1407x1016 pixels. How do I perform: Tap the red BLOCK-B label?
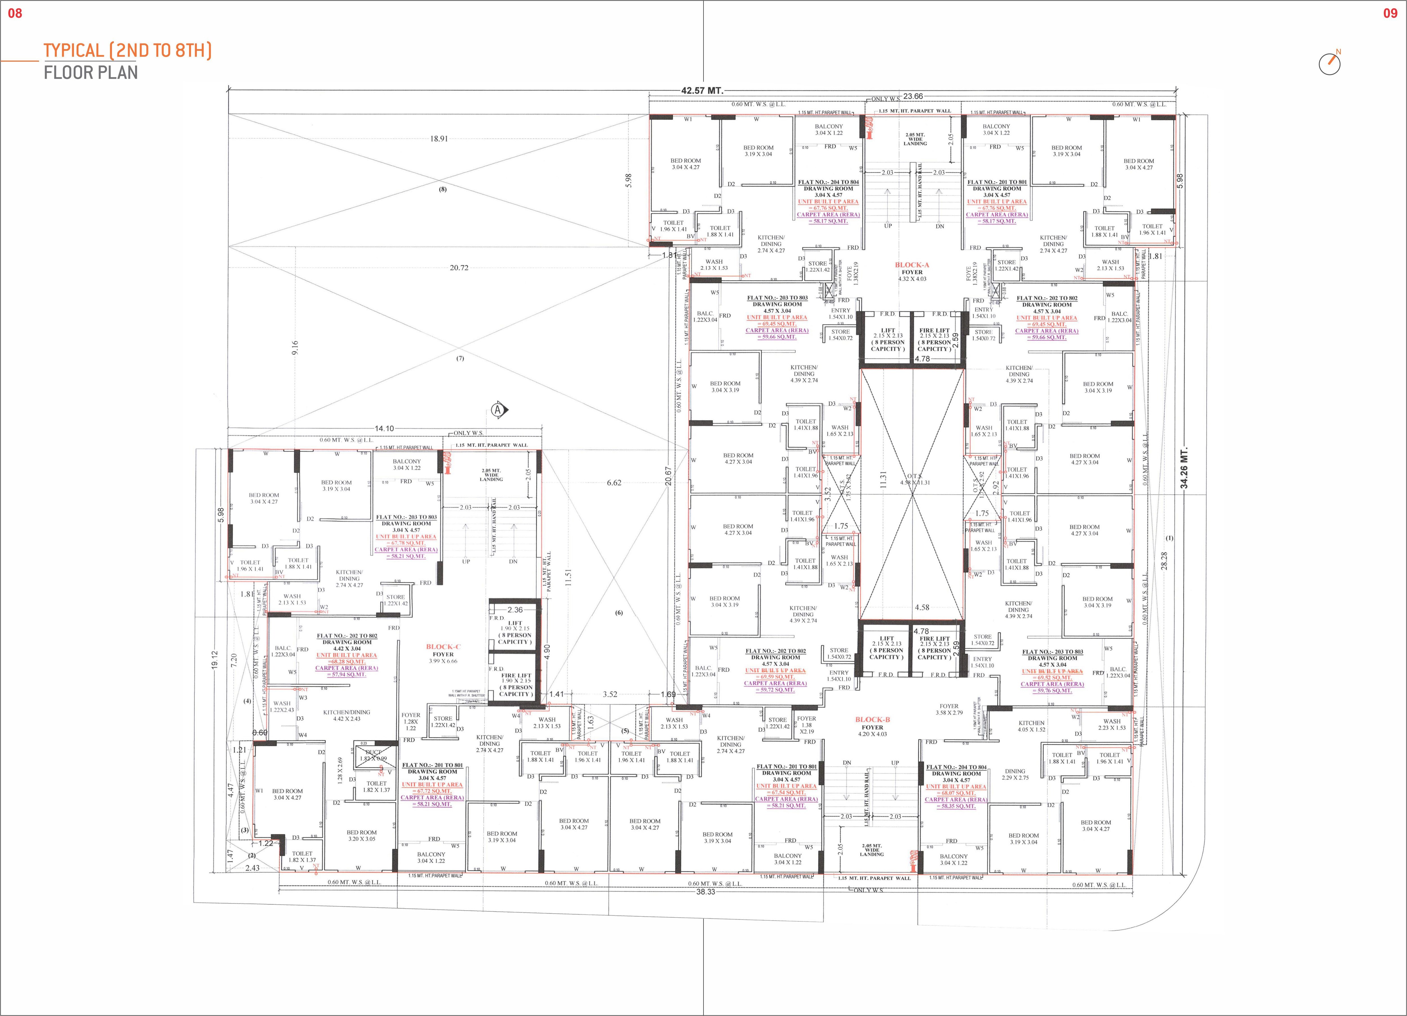click(x=872, y=720)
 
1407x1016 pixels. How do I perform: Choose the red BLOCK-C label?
click(x=443, y=646)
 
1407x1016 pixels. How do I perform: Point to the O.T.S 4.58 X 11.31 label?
click(x=915, y=480)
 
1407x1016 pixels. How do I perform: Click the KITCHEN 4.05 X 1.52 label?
click(x=1031, y=726)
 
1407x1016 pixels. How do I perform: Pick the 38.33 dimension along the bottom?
click(x=705, y=891)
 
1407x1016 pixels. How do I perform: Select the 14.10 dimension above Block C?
click(x=384, y=428)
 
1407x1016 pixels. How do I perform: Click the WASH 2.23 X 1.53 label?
click(x=1112, y=725)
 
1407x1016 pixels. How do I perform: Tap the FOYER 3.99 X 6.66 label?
click(x=443, y=657)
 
